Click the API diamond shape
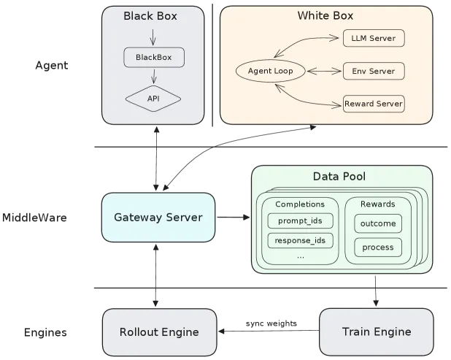[x=153, y=99]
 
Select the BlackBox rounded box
[x=154, y=57]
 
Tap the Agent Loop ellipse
[x=270, y=71]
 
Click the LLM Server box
[x=374, y=38]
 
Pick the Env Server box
[x=374, y=71]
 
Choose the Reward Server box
[x=374, y=104]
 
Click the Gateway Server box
[x=158, y=218]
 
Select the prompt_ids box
[x=300, y=221]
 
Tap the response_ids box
[x=300, y=240]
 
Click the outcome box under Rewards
[x=378, y=223]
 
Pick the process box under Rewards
[x=378, y=248]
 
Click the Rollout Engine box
[x=159, y=332]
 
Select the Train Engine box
[x=377, y=332]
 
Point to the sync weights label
[x=271, y=323]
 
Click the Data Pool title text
[x=339, y=177]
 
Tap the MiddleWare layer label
[x=34, y=218]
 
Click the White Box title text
[x=325, y=15]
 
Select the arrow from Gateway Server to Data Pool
[x=234, y=218]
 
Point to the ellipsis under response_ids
[x=300, y=257]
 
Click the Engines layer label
[x=45, y=333]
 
